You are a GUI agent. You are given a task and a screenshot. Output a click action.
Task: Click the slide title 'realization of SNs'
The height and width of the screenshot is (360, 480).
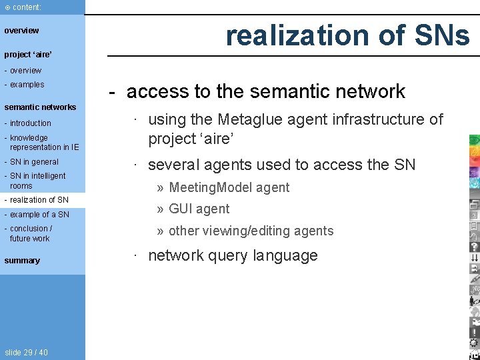coord(347,35)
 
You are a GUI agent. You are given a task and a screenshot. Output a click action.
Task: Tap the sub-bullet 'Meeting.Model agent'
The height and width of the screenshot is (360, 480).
coord(229,187)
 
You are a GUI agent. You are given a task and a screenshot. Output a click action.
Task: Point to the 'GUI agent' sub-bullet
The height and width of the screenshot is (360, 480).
coord(199,209)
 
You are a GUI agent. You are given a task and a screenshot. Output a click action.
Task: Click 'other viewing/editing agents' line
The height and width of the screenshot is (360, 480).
coord(251,231)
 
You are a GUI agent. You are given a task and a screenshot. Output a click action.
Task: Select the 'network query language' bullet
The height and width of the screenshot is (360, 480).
coord(232,255)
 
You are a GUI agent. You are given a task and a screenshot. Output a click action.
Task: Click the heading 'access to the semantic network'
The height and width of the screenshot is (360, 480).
coord(265,91)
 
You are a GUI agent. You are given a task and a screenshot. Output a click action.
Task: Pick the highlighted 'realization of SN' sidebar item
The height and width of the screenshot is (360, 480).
coord(39,200)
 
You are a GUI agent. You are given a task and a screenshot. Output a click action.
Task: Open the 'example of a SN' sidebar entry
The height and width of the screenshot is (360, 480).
coord(39,214)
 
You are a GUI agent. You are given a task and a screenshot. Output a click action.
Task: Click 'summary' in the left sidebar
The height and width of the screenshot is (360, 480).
coord(22,261)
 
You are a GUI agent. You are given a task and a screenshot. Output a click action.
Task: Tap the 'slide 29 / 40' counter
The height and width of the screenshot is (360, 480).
coord(26,352)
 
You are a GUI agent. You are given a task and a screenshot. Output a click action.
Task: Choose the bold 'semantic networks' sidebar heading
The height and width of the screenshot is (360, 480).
coord(40,107)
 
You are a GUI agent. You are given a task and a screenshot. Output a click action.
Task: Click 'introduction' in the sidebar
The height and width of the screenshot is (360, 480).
coord(30,123)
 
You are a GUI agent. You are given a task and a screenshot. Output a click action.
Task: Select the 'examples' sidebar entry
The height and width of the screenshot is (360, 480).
coord(27,85)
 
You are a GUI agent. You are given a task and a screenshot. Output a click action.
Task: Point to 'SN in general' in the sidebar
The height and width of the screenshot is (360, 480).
coord(34,161)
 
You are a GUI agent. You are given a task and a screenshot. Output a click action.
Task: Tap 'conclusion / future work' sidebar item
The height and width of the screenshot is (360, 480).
coord(31,233)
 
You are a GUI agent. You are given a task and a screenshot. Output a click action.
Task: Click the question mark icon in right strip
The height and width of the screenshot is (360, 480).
coord(474,247)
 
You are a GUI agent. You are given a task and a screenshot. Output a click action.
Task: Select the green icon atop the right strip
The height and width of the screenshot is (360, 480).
coord(474,140)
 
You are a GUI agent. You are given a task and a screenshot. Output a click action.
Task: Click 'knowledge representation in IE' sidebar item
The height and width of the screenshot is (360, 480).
coord(43,143)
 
